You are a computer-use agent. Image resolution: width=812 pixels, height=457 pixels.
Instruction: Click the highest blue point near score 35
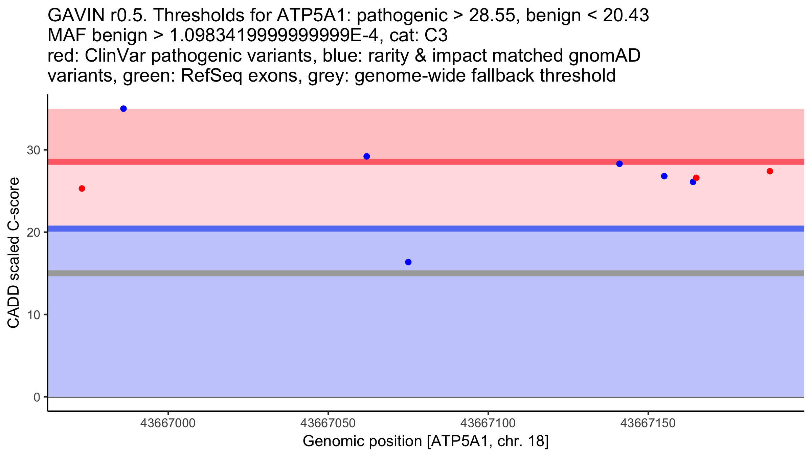pos(123,109)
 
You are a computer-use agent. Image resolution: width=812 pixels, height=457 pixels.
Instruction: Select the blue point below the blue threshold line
pos(408,262)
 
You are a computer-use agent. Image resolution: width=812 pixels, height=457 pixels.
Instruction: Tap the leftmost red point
pos(82,189)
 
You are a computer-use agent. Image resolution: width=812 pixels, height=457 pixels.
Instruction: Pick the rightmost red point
pos(770,171)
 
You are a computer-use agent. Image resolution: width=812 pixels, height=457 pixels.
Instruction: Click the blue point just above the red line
pos(367,156)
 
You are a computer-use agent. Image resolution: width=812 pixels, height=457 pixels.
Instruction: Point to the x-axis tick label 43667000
pos(168,423)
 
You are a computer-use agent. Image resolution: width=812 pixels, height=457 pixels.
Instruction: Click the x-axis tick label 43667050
pos(328,423)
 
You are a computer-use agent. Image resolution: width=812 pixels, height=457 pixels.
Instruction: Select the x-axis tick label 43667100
pos(488,423)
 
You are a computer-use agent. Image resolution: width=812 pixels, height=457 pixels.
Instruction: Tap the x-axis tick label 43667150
pos(648,423)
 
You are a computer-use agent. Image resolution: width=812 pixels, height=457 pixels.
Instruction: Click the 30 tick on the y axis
pos(33,150)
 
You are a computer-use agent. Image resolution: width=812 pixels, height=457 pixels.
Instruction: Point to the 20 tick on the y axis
pos(33,232)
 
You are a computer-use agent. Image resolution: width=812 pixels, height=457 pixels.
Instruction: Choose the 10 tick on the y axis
pos(33,315)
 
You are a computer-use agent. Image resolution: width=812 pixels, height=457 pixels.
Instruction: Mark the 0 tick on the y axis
pos(37,397)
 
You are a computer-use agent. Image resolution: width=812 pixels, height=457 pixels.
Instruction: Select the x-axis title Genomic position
pos(426,441)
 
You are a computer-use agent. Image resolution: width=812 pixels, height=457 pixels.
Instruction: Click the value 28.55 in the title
pos(494,15)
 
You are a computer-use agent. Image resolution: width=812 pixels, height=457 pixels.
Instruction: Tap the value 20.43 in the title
pos(626,15)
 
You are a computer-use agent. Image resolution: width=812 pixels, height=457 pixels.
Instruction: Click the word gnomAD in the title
pos(604,56)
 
